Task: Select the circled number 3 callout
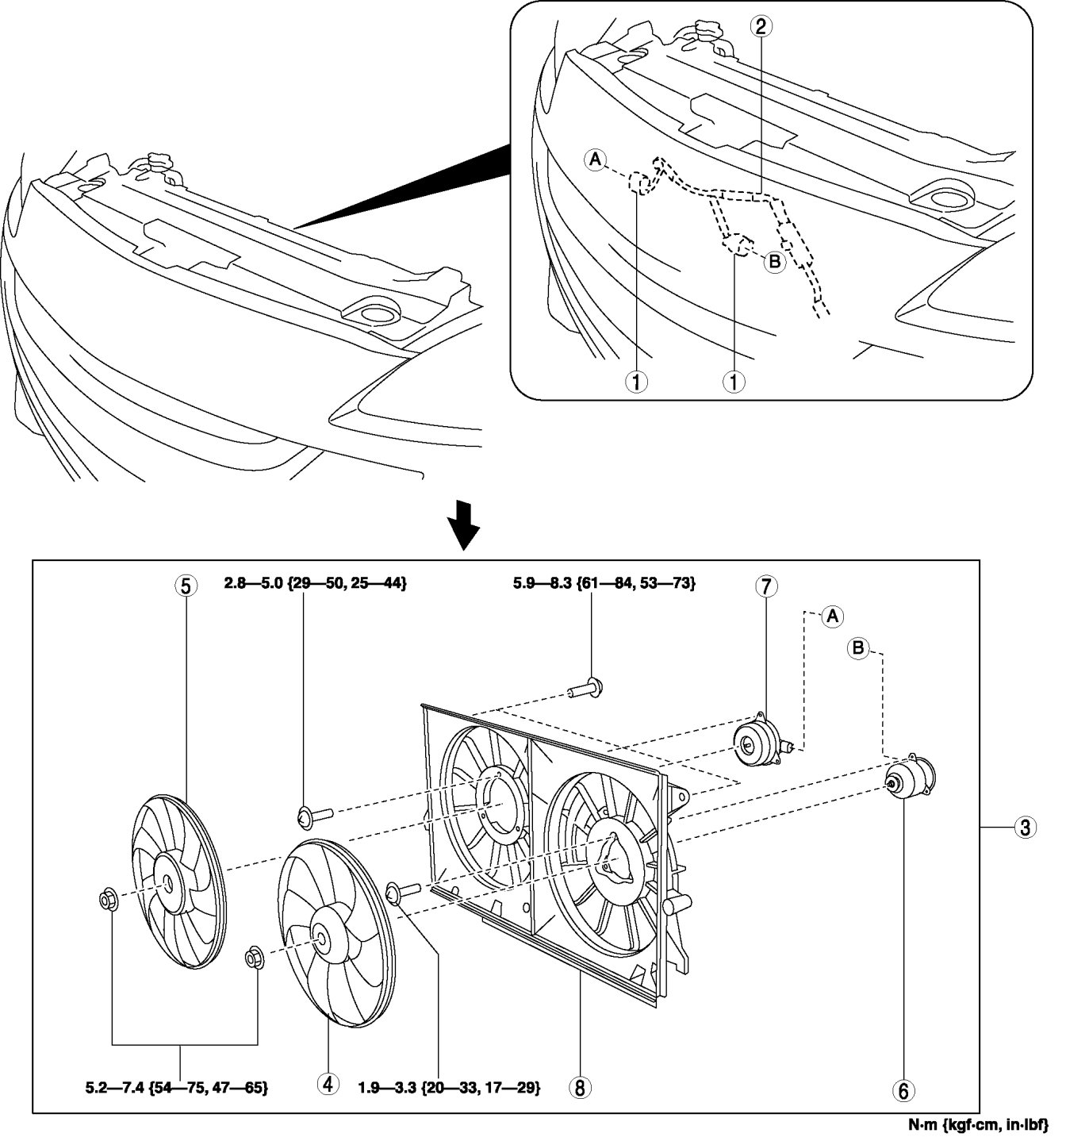tap(1025, 828)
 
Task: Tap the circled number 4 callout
tap(328, 1084)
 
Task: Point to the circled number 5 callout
tap(185, 586)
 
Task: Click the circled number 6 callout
tap(903, 1091)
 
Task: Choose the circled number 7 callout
tap(765, 587)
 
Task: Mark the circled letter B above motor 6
tap(859, 649)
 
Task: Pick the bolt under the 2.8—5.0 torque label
tap(314, 814)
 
